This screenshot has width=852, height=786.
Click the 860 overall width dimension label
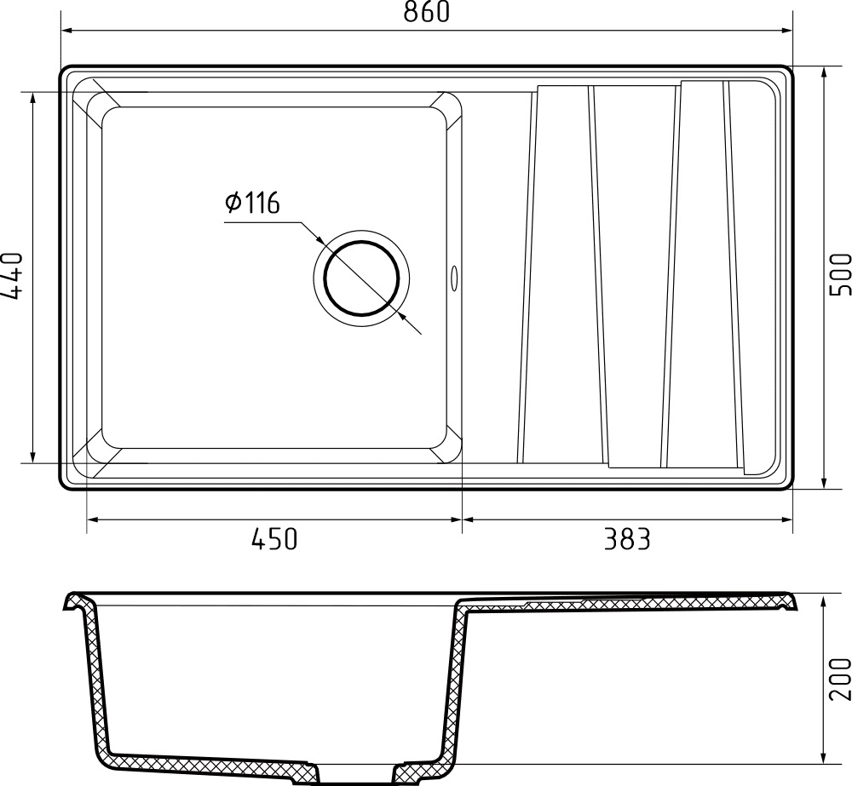click(x=427, y=12)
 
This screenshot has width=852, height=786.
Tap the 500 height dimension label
click(x=841, y=274)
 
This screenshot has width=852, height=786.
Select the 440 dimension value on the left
click(x=11, y=276)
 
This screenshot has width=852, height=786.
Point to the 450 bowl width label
click(x=273, y=539)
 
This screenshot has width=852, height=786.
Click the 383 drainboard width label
click(x=627, y=539)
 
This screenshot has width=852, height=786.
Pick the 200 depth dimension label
click(x=841, y=679)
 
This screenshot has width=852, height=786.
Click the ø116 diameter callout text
click(x=252, y=203)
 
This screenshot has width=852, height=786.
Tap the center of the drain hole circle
click(x=361, y=278)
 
